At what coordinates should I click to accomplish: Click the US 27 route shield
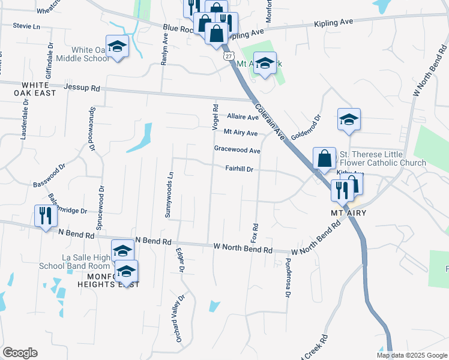(x=228, y=55)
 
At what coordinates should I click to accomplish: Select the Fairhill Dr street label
(x=240, y=169)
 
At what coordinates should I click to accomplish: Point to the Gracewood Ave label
(x=237, y=150)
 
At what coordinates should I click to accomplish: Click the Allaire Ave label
(x=242, y=117)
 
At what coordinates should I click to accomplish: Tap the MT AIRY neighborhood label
(x=348, y=213)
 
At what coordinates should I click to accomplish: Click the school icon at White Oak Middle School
(x=118, y=46)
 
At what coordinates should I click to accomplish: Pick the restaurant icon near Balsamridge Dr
(x=46, y=215)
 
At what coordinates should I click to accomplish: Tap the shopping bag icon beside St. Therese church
(x=324, y=158)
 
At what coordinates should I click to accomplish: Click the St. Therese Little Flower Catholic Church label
(x=382, y=158)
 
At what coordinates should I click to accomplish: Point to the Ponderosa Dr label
(x=288, y=278)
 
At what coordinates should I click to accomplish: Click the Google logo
(x=20, y=353)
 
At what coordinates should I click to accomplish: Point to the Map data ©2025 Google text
(x=411, y=355)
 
